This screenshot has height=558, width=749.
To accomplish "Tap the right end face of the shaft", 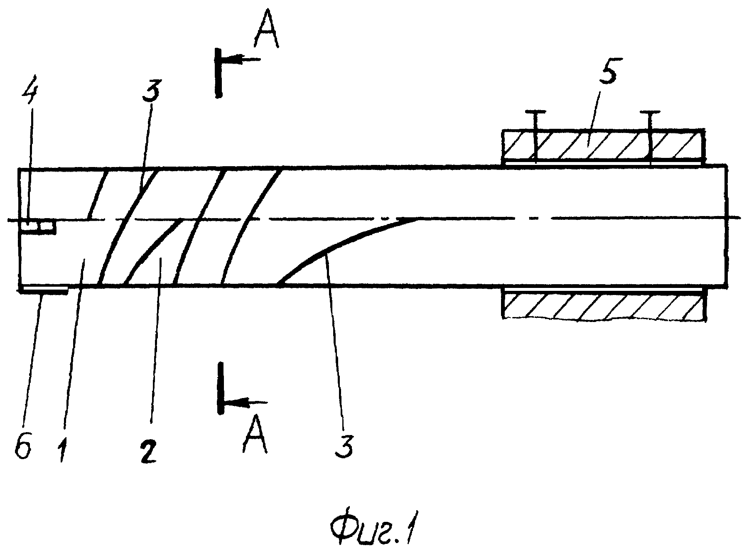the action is click(727, 225).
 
